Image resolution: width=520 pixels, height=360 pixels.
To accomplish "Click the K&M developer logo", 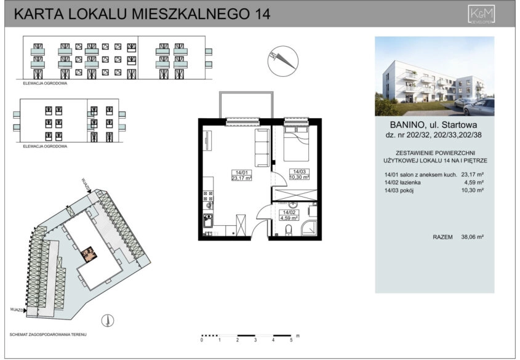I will coord(482,14).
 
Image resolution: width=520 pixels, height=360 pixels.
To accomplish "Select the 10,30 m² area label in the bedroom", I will coord(298,177).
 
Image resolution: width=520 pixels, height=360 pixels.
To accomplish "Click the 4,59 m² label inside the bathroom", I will coord(289,217).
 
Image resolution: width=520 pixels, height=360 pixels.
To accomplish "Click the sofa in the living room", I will coord(261,147).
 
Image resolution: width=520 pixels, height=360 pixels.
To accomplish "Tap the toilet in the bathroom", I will coord(289,231).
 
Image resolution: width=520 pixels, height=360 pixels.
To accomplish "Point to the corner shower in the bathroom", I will coord(310,230).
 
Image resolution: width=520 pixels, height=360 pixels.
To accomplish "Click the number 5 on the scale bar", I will coord(291,339).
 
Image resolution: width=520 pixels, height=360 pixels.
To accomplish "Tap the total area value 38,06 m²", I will coord(472,236).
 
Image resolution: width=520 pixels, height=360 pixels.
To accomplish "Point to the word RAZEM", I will coord(443,236).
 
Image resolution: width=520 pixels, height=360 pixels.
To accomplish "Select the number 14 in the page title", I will coord(262,14).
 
